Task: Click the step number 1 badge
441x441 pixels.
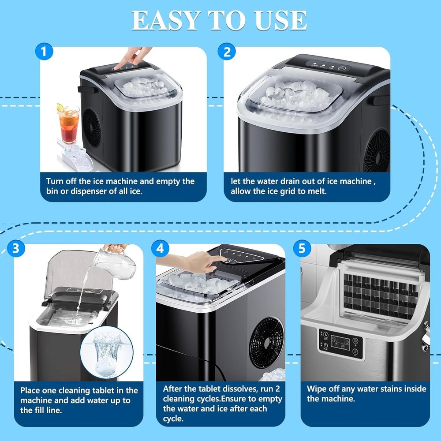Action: pyautogui.click(x=43, y=52)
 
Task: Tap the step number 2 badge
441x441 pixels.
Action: pyautogui.click(x=227, y=52)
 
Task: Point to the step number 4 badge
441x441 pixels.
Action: pyautogui.click(x=160, y=248)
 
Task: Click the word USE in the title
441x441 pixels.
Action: pyautogui.click(x=280, y=20)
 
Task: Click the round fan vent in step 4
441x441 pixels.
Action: pyautogui.click(x=267, y=342)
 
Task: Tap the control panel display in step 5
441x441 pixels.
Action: pyautogui.click(x=340, y=343)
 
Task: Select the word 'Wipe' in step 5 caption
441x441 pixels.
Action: pyautogui.click(x=317, y=389)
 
